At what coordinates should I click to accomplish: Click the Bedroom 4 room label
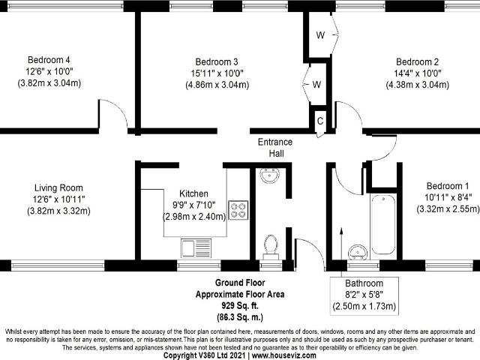pos(49,60)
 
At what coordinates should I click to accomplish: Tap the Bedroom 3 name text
pos(217,61)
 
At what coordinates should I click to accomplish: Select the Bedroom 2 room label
pos(418,61)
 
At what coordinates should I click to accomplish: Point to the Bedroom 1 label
pos(448,186)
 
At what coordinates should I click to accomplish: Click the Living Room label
pos(58,187)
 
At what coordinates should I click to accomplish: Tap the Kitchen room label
pos(193,193)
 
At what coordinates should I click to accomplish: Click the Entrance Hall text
pos(275,148)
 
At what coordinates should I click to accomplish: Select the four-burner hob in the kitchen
pos(238,210)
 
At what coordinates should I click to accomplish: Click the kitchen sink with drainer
pos(196,248)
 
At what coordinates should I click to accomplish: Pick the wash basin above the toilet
pos(270,175)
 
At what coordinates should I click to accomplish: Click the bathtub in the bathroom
pos(383,225)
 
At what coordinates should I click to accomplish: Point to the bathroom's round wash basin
pos(358,253)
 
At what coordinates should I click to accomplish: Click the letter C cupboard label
pos(320,121)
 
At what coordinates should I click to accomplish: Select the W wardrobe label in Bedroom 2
pos(320,35)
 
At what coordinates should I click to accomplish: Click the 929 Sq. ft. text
pos(240,305)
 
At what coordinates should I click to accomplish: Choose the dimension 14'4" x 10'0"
pos(418,73)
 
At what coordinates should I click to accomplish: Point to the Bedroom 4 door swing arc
pos(118,107)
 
